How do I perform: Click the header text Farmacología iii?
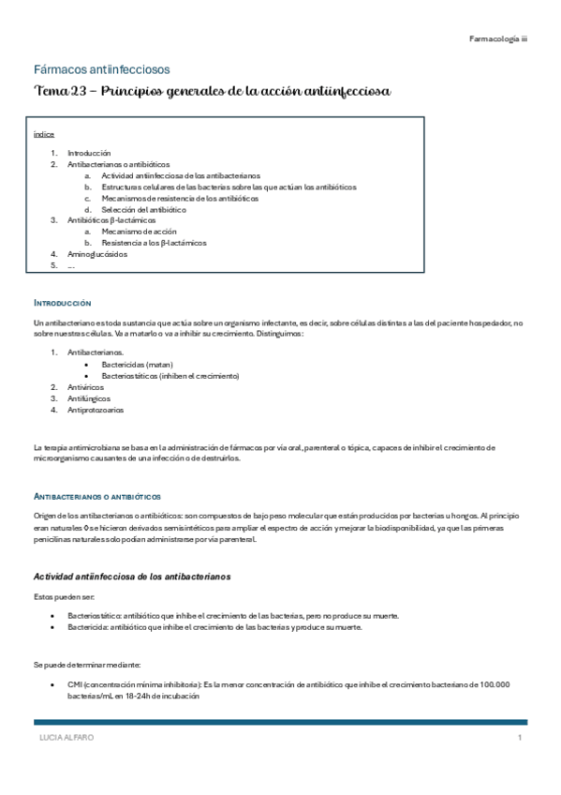point(498,38)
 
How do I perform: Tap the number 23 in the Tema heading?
point(81,91)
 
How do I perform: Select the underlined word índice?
point(42,134)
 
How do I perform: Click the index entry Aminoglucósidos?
point(97,254)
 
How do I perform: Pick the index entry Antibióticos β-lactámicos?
point(111,220)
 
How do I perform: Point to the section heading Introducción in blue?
point(62,304)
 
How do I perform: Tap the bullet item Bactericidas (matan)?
point(138,364)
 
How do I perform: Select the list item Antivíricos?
point(85,386)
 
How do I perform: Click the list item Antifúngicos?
point(87,397)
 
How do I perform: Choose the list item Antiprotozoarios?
point(95,410)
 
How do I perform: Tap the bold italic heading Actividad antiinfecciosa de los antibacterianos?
point(131,575)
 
